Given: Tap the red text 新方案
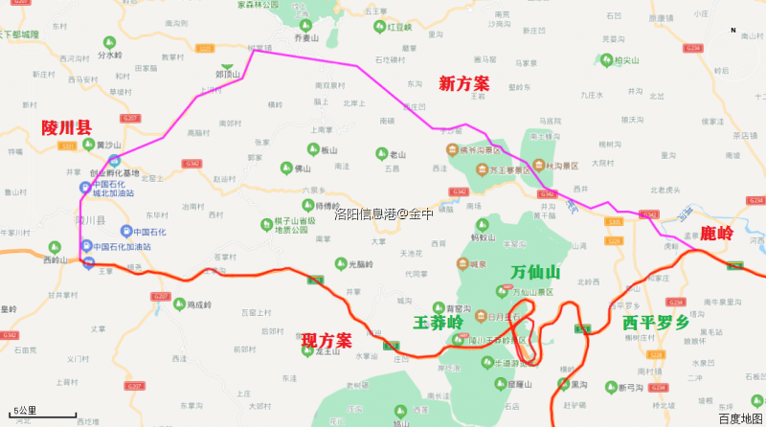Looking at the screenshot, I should [x=465, y=84].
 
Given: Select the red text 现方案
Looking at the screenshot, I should [x=327, y=341].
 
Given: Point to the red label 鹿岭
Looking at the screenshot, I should [x=716, y=233].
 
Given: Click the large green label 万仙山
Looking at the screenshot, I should [x=535, y=273].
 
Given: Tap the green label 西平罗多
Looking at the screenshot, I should [x=655, y=323].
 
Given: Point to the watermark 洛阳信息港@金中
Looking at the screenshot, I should [x=383, y=214].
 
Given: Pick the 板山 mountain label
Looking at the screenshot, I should [x=329, y=149].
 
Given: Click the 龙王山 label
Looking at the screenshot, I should [x=327, y=352].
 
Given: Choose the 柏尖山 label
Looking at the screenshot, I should [x=626, y=60].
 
